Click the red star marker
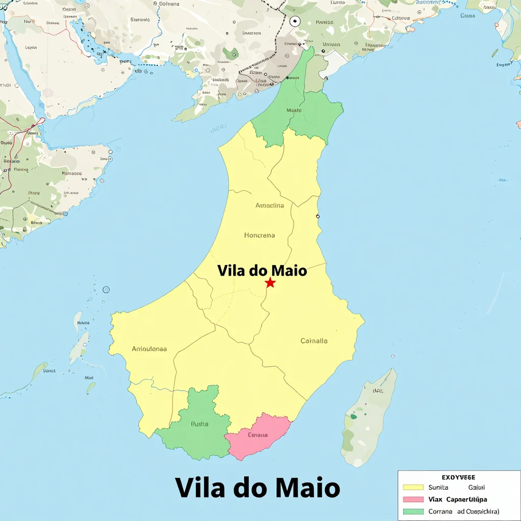(270, 283)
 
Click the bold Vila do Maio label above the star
(262, 270)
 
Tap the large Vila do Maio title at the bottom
(257, 487)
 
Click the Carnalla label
(314, 341)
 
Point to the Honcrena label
(259, 235)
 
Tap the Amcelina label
(270, 206)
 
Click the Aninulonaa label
(149, 349)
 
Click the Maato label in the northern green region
(294, 110)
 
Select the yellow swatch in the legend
(413, 487)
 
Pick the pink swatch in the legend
(413, 500)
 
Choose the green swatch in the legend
(413, 511)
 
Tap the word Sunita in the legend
(439, 487)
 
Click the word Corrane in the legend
(441, 511)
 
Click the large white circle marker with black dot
(295, 21)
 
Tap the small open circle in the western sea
(106, 290)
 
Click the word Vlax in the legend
(436, 500)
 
